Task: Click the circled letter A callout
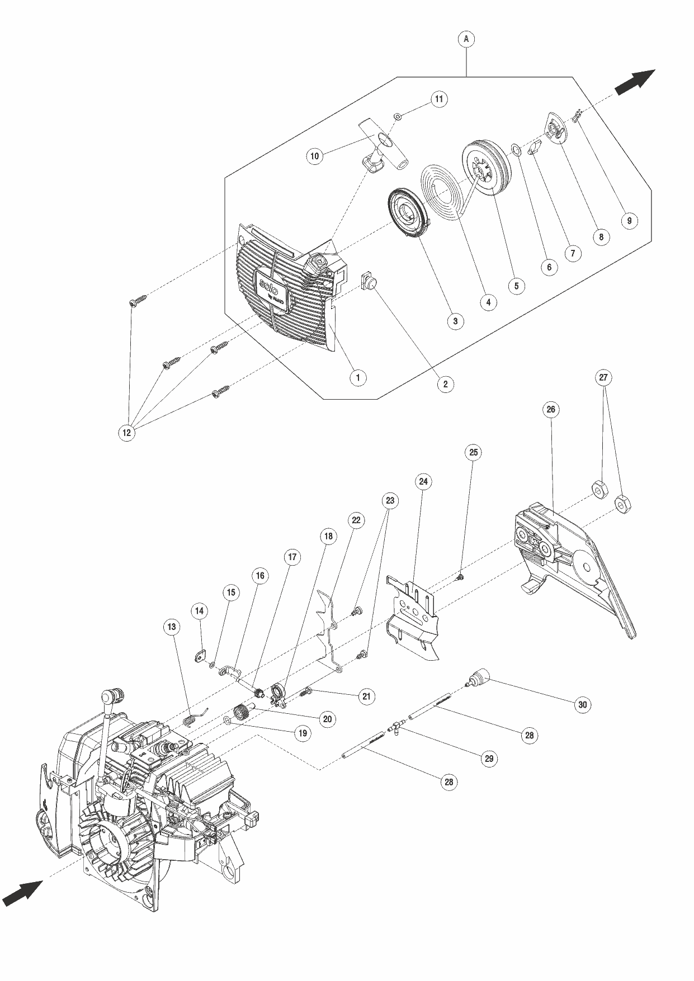coord(466,39)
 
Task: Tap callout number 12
coord(127,433)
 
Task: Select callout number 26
coord(550,409)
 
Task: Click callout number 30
coord(582,704)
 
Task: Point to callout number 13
coord(172,627)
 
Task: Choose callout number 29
coord(489,759)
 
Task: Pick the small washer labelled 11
coord(396,116)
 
